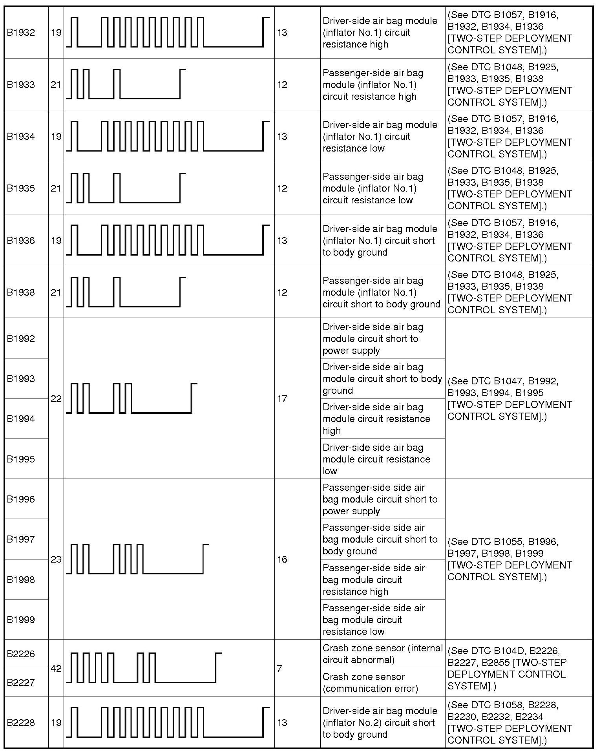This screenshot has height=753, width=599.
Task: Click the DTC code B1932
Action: point(21,33)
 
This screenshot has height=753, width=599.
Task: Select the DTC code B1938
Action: point(21,292)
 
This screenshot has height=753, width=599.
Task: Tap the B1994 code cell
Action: point(21,419)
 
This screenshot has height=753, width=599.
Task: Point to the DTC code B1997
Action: point(21,539)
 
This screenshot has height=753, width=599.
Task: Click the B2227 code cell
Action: point(21,682)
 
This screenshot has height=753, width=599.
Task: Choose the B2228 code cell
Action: point(21,723)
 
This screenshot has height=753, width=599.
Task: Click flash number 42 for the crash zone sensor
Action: point(56,668)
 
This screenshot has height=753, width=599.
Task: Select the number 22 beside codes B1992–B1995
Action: point(56,399)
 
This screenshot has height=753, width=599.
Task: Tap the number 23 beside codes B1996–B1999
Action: point(56,559)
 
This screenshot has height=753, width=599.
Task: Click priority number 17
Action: point(282,399)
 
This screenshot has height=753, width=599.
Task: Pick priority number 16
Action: point(282,559)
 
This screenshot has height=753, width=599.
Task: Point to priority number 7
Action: point(279,668)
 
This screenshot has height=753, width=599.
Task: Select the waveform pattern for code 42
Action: point(144,668)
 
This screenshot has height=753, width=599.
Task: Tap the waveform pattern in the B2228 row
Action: point(168,722)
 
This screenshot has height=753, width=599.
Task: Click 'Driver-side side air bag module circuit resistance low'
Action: point(376,459)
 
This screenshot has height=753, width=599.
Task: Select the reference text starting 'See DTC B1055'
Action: point(510,559)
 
